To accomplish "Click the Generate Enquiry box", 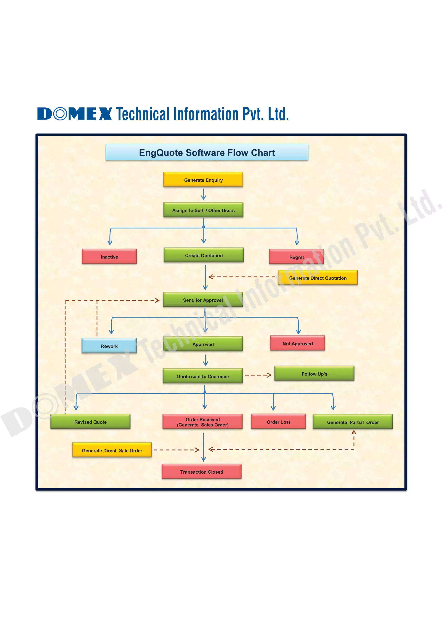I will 203,180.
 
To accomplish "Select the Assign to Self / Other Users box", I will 203,210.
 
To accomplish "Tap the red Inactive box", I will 109,257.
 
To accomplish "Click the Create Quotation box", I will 204,255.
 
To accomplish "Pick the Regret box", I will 297,257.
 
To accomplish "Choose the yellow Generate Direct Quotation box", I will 318,278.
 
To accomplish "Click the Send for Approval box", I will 203,300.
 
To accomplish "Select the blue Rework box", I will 109,346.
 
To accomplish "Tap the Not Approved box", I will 298,343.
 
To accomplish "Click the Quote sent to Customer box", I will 203,376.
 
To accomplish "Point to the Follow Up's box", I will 314,374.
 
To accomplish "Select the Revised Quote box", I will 90,422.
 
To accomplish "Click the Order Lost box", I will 278,422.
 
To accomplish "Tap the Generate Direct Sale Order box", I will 112,450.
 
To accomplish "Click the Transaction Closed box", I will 202,471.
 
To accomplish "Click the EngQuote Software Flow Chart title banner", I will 207,152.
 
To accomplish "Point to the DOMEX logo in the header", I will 74,114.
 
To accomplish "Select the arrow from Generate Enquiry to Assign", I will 204,194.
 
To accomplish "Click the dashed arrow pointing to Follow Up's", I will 258,375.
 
